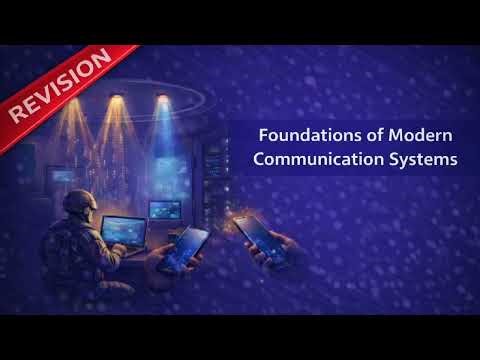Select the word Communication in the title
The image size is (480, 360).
pyautogui.click(x=315, y=158)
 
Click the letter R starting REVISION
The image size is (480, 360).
pyautogui.click(x=19, y=113)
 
